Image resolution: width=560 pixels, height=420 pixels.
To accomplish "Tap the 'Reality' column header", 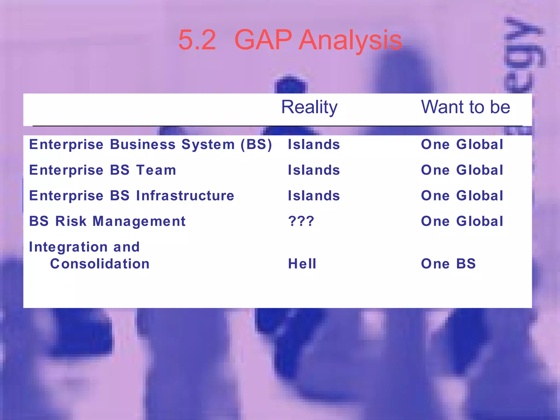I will coord(309,107).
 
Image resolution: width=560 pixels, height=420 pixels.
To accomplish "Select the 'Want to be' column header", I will coord(465,107).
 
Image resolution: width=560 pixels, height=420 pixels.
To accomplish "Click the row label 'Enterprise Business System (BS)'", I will coord(150,144).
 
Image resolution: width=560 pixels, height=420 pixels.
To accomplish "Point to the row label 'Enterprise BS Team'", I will coord(103,170).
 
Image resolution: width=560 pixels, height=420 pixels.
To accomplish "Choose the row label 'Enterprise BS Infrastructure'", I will coord(132,196).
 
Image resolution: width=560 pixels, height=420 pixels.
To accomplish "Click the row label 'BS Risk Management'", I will coord(107,221).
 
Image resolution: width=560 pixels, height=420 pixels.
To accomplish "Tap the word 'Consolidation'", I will coord(100,264).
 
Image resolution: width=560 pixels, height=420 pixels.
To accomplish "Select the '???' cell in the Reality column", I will coord(301,221).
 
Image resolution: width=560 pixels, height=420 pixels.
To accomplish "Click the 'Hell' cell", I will coord(302,264).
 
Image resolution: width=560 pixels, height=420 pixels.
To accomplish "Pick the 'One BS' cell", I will coord(448,264).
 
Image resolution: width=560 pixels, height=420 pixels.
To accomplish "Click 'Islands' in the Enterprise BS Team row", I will coord(314,170).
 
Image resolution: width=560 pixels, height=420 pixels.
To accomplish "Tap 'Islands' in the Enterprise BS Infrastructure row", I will coord(314,196).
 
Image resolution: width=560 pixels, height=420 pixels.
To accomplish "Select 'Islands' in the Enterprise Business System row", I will coord(314,144).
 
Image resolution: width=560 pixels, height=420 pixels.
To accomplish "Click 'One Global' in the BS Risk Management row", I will coord(462,221).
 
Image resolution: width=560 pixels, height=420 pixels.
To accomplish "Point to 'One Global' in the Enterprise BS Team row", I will coord(462,170).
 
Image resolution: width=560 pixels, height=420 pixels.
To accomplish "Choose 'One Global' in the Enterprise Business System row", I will coord(462,144).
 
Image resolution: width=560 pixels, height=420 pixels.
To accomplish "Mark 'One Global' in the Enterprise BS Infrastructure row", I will coord(462,196).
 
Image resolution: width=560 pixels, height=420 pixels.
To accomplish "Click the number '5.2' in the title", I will coord(197,40).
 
